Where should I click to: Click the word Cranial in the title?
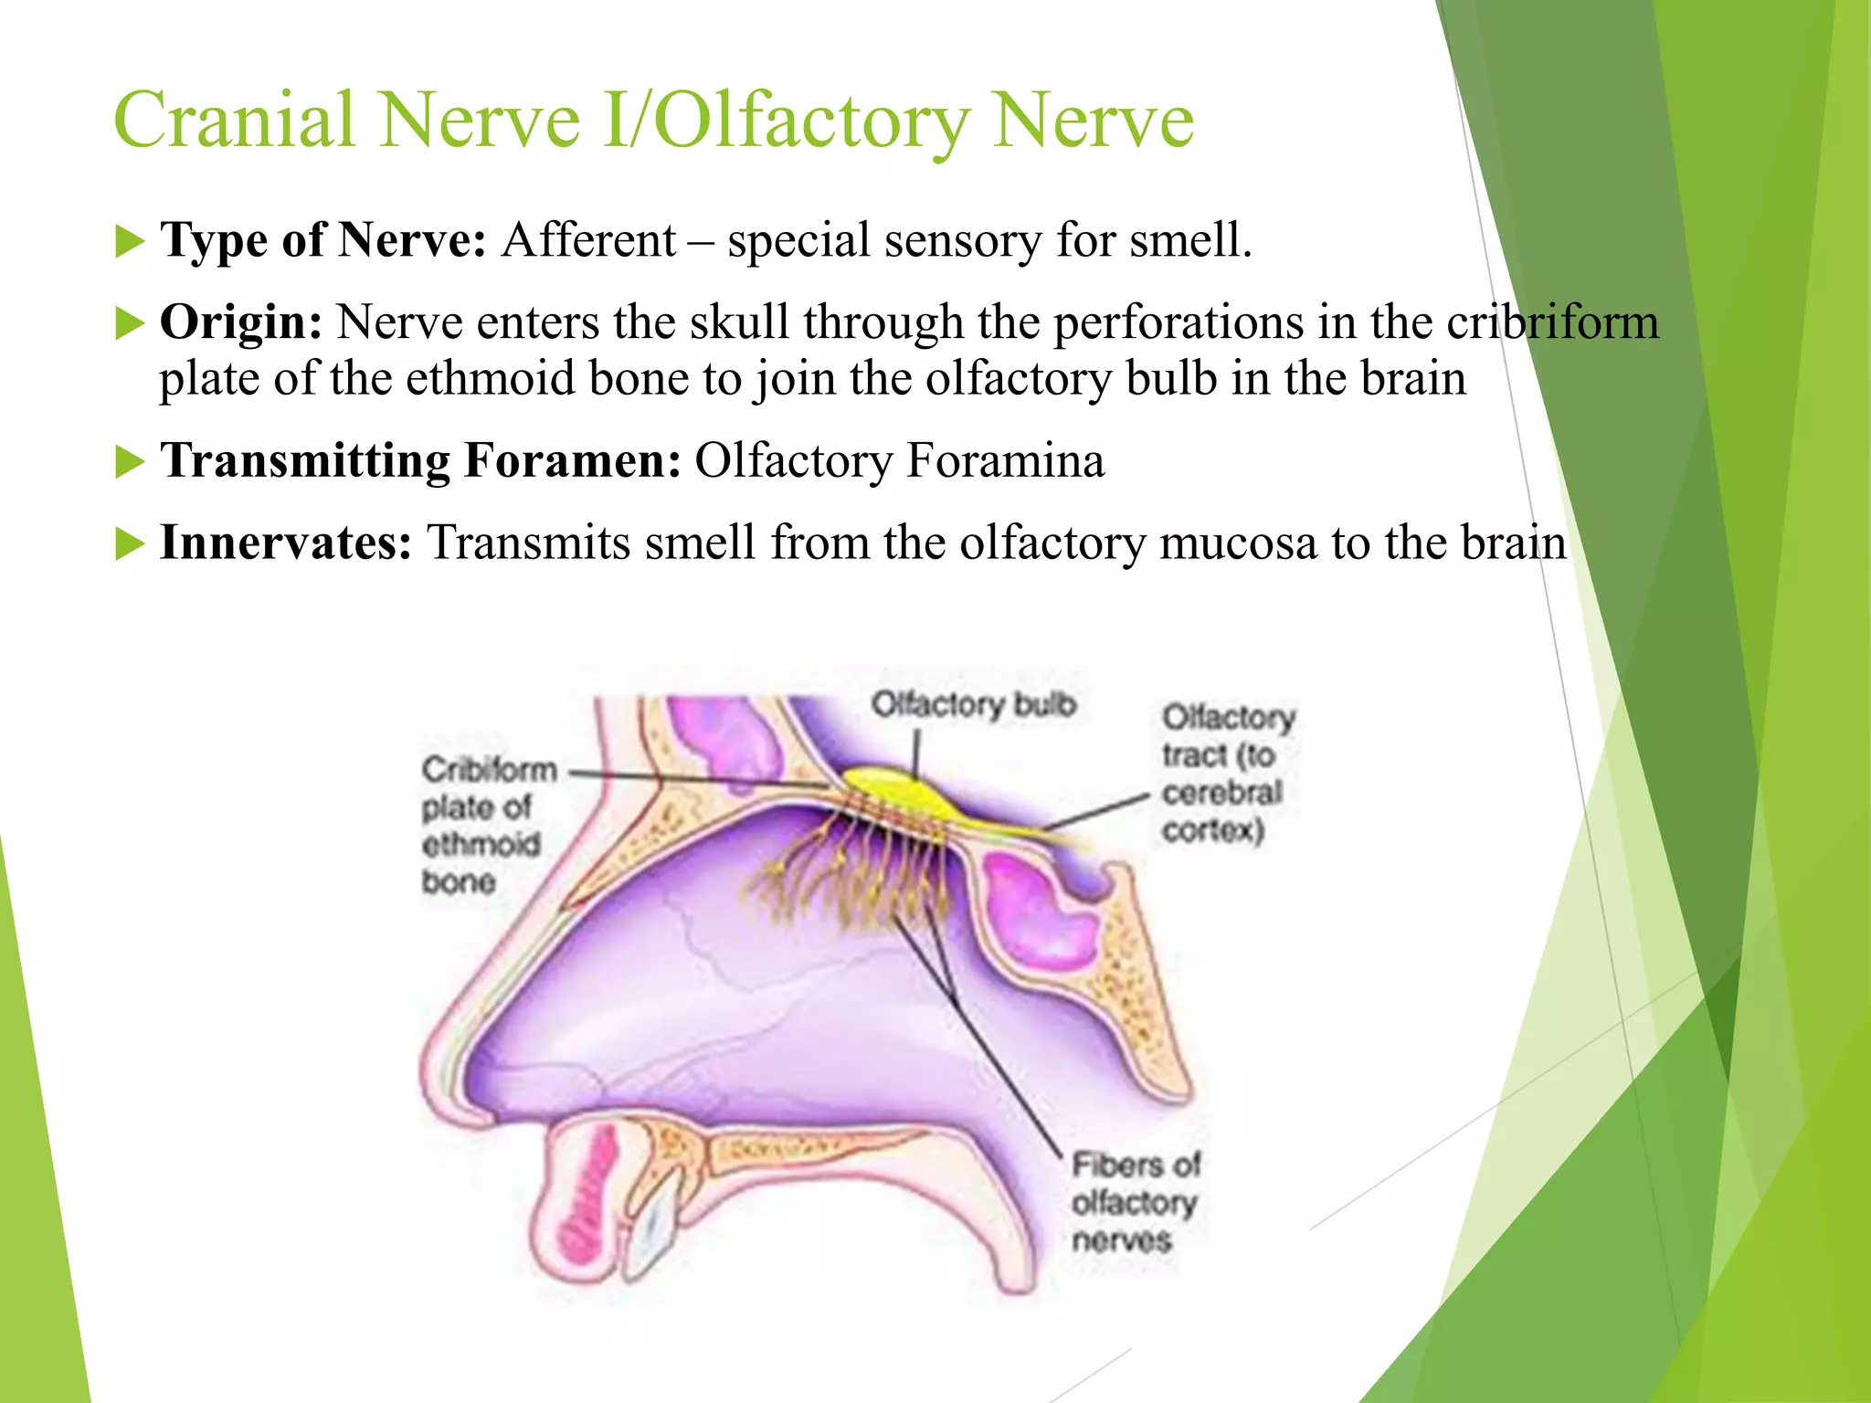(234, 121)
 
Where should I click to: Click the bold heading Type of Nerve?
(322, 240)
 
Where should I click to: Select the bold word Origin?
(240, 322)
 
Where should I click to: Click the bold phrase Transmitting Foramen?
(420, 459)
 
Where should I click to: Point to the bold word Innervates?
(286, 543)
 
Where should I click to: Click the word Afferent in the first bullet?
(589, 240)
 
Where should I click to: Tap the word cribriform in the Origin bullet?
(1552, 322)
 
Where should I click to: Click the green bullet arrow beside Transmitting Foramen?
(131, 461)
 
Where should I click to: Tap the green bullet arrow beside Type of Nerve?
(131, 242)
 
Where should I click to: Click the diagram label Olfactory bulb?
(973, 705)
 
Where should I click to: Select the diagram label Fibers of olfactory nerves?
(1134, 1202)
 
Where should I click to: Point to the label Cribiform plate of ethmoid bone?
(484, 825)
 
